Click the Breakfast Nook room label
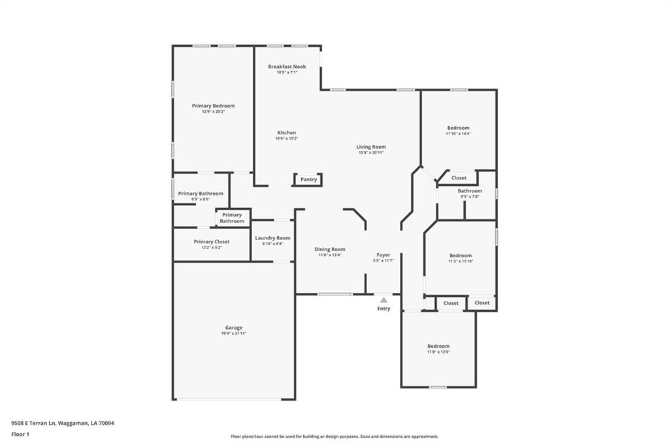pos(286,67)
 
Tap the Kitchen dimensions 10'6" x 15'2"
pos(286,138)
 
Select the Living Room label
pos(370,147)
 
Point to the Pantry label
pos(308,179)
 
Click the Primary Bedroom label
pos(213,106)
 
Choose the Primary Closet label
pos(212,241)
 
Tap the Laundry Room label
pos(272,238)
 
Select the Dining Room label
pos(329,249)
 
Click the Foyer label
pos(383,255)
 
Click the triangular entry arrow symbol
pos(383,299)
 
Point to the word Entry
pos(383,309)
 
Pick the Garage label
pos(234,328)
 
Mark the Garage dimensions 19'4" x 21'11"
pos(234,333)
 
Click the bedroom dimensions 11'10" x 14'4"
pos(458,134)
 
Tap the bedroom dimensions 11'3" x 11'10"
pos(460,261)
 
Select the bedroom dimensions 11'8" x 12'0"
pos(438,352)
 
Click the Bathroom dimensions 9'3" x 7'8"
pos(469,196)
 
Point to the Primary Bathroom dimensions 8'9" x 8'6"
pos(200,199)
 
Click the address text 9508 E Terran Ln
pos(33,423)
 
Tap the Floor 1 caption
pos(20,434)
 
